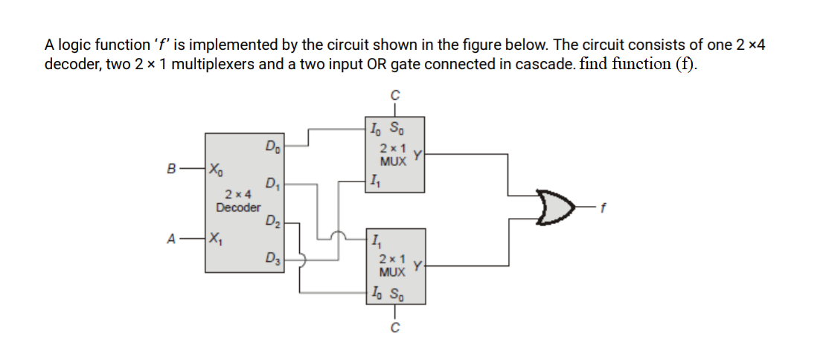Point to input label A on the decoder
tap(172, 239)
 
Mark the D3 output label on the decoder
tap(272, 259)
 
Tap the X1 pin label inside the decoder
tap(216, 240)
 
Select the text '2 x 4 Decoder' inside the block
tap(238, 202)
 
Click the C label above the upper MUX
tap(396, 94)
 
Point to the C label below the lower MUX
tap(396, 330)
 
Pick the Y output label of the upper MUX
tap(418, 154)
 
